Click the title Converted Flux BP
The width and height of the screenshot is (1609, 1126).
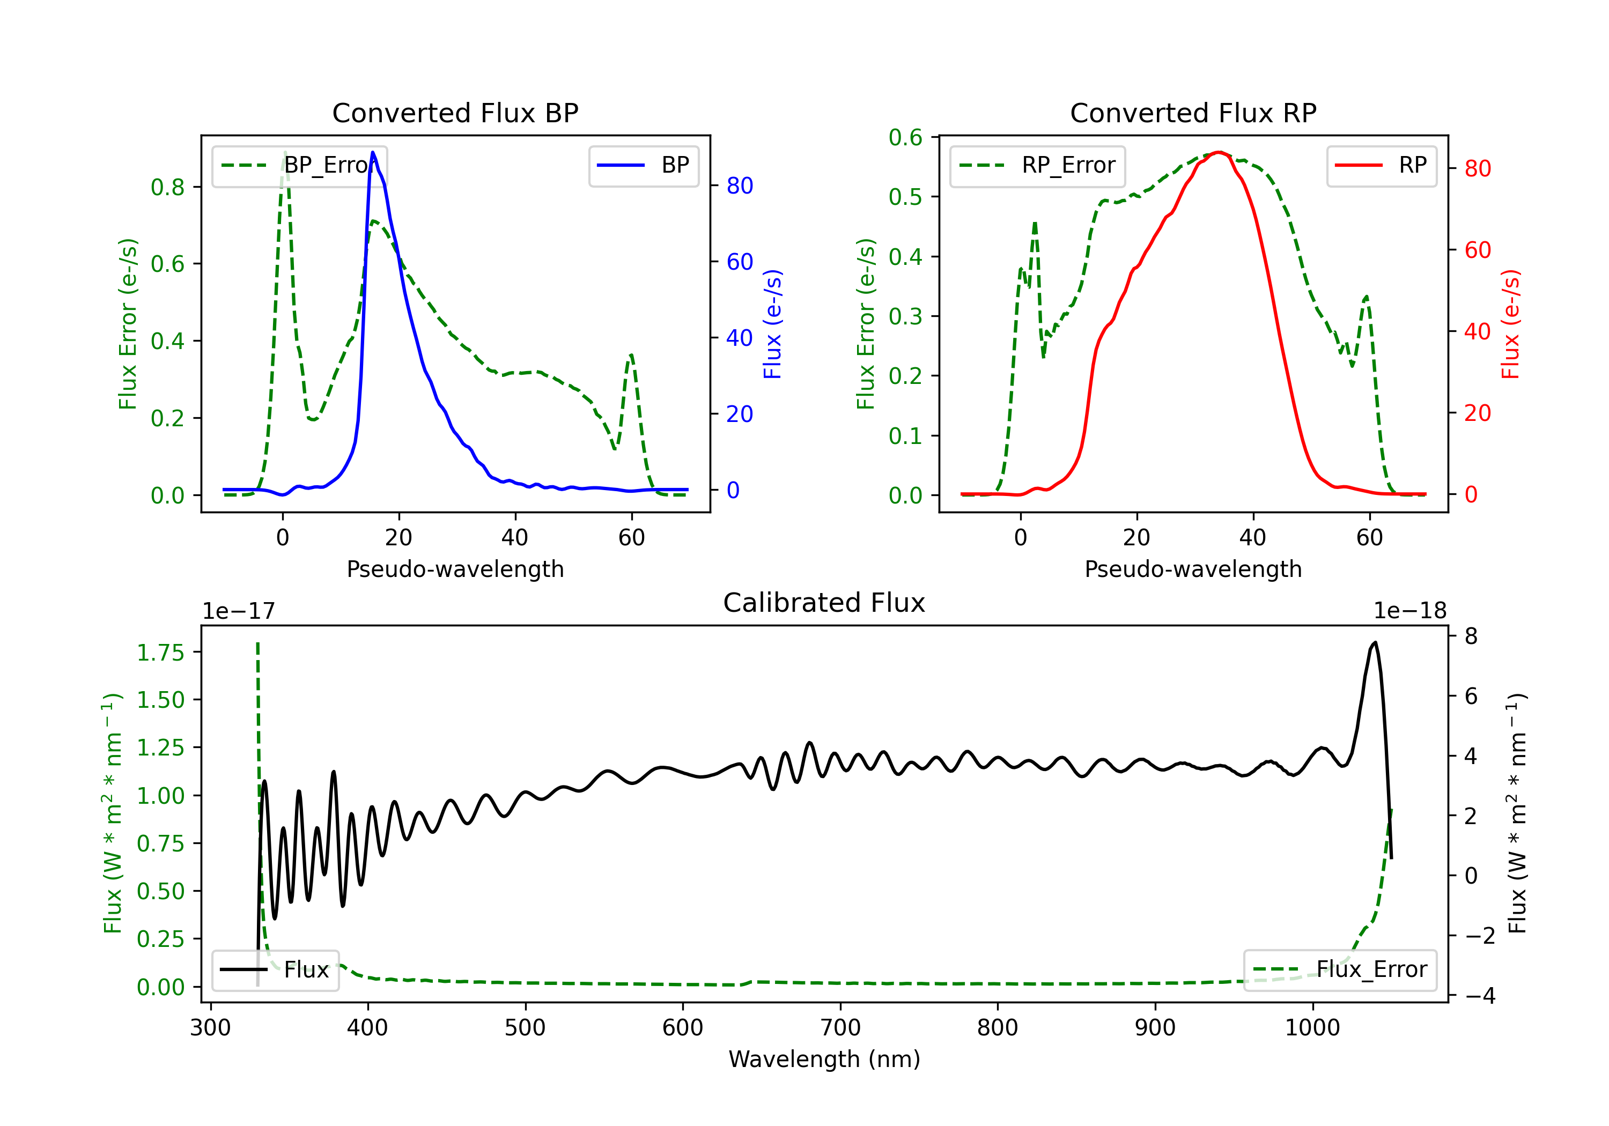[455, 113]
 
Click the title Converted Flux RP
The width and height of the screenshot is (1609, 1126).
[1193, 113]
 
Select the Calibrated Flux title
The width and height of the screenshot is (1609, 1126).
[824, 603]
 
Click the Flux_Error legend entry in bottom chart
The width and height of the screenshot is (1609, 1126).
[1340, 970]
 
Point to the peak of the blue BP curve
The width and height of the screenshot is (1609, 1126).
[373, 152]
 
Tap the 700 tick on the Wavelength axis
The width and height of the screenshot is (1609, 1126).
[840, 1028]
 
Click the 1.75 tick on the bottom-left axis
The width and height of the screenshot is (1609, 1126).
[160, 653]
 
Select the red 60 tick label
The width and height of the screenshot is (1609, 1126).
[1478, 250]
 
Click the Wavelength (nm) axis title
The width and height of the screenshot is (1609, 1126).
[824, 1059]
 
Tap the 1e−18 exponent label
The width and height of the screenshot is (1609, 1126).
[1410, 611]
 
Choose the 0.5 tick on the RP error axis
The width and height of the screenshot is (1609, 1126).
[905, 197]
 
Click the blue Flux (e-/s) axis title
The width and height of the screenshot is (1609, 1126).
[773, 324]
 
